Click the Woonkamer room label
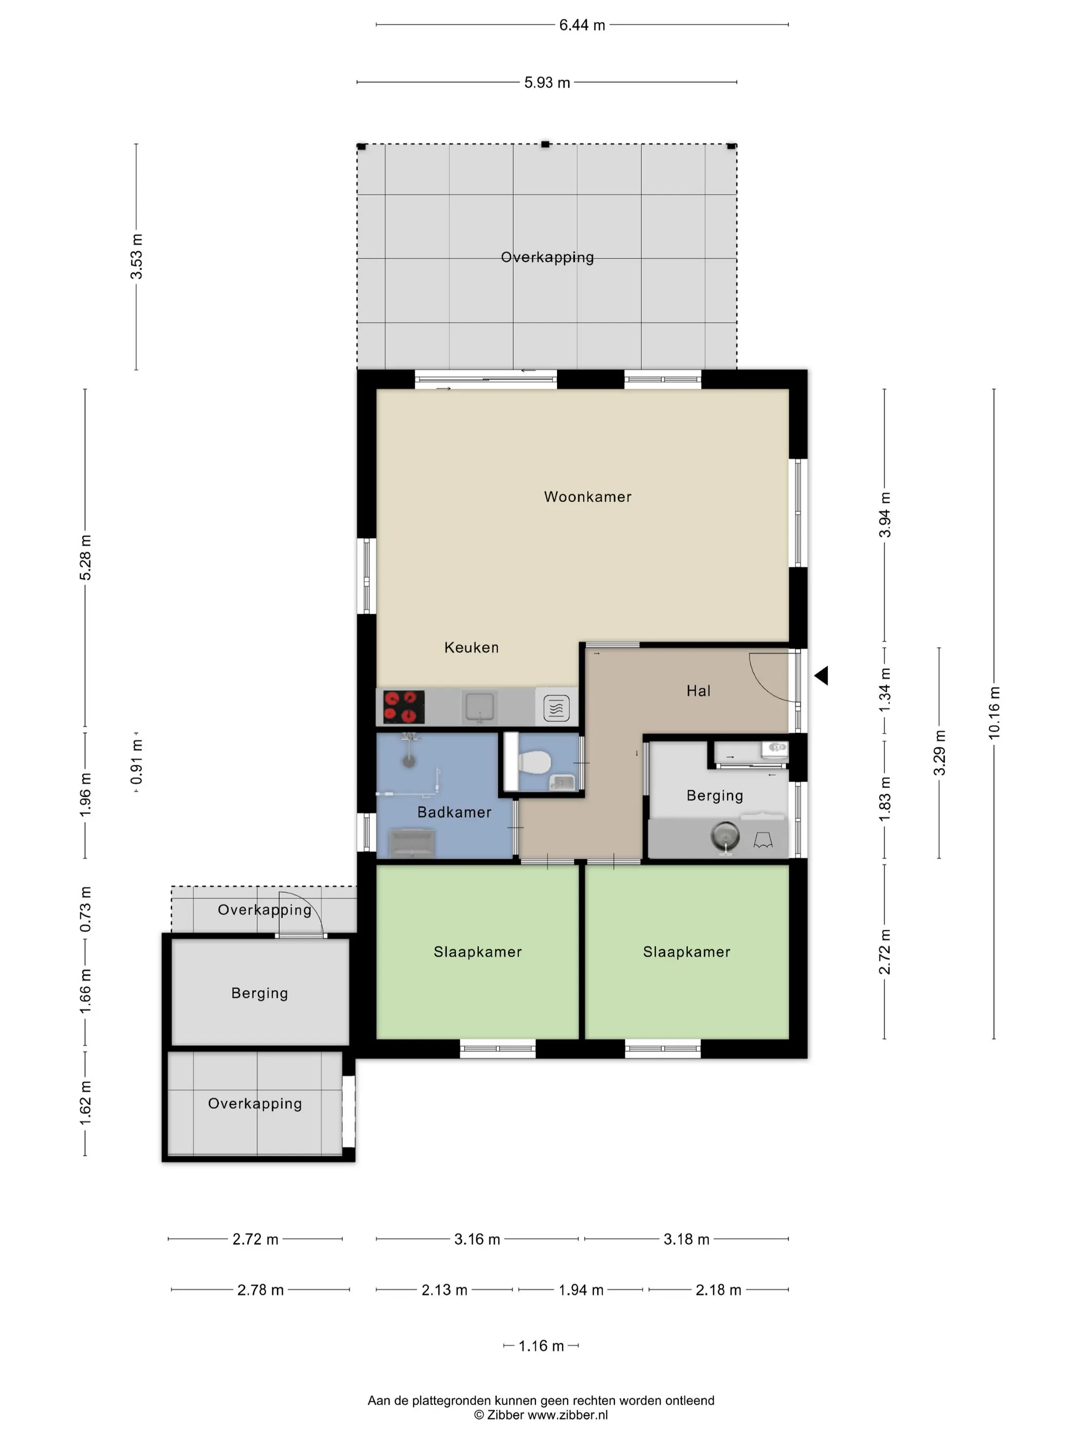pyautogui.click(x=587, y=497)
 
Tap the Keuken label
pyautogui.click(x=472, y=648)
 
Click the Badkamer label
pyautogui.click(x=454, y=812)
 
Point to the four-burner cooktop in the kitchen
pyautogui.click(x=404, y=707)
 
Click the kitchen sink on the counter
pyautogui.click(x=479, y=707)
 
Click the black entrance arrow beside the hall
pyautogui.click(x=822, y=675)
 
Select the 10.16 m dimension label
pyautogui.click(x=994, y=712)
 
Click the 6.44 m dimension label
pyautogui.click(x=582, y=25)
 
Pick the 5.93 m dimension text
pyautogui.click(x=547, y=83)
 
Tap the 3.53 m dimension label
pyautogui.click(x=136, y=257)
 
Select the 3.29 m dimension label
pyautogui.click(x=939, y=753)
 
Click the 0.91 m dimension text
pyautogui.click(x=136, y=762)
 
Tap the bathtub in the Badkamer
pyautogui.click(x=412, y=843)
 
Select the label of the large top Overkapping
pyautogui.click(x=547, y=257)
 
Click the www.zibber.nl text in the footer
pyautogui.click(x=567, y=1414)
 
